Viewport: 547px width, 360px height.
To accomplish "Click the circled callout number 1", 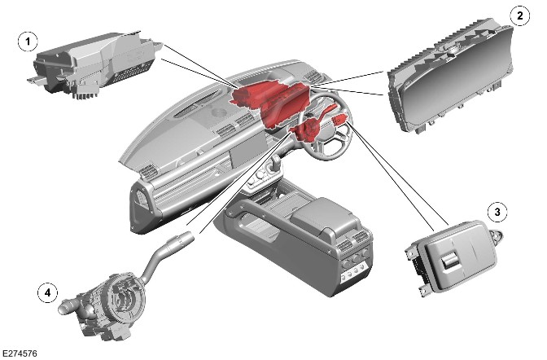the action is point(28,42).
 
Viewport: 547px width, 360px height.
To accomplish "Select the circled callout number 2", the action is point(520,15).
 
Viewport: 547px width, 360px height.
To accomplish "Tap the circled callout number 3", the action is point(497,212).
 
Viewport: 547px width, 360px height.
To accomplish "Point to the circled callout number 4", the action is point(47,292).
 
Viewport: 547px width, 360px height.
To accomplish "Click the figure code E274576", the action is point(20,353).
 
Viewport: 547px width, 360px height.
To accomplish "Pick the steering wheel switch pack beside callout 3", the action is point(453,258).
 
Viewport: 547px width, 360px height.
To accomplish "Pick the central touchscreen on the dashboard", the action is point(247,151).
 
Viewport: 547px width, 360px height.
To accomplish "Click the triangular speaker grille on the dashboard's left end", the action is point(142,200).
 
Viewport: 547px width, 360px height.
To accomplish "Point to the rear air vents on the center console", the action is point(353,242).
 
